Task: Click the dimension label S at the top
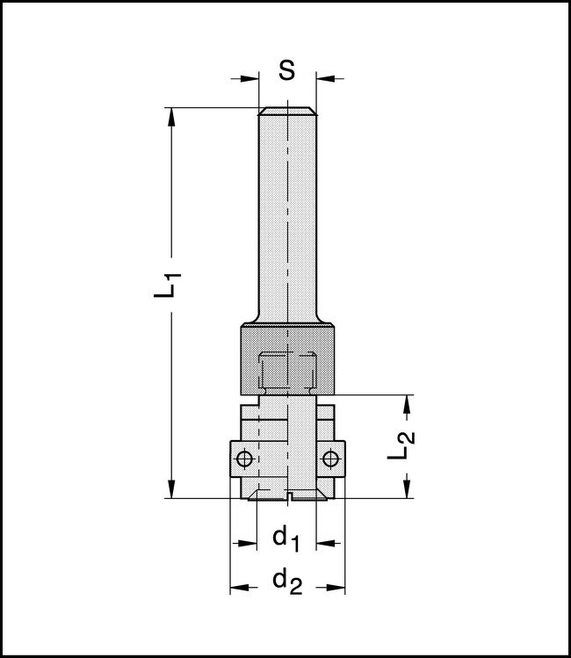pos(287,71)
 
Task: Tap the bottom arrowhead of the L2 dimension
pos(407,491)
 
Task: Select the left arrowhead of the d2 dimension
pos(237,586)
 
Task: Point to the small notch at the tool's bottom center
pos(287,499)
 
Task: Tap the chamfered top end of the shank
pos(287,111)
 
